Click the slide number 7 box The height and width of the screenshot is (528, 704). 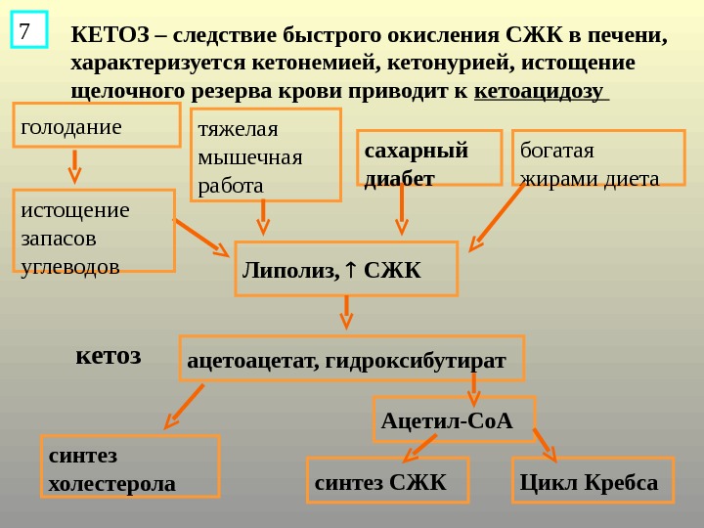coord(29,30)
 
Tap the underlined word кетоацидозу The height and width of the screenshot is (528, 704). coord(540,91)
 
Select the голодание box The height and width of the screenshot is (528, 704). coord(97,125)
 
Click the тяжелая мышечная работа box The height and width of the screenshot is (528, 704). coord(265,154)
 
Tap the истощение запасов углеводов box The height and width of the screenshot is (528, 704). coord(95,231)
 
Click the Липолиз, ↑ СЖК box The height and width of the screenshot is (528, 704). coord(346,269)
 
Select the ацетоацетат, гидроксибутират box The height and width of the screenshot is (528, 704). coord(352,358)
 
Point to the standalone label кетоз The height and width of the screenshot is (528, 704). coord(109,354)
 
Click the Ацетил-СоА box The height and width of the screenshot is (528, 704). coord(455,419)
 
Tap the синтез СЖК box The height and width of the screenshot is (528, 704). coord(388,480)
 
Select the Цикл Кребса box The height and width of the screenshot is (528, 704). coord(593,480)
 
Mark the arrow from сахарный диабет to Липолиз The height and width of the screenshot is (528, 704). coord(401,210)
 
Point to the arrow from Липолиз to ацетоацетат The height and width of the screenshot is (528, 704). coord(345,312)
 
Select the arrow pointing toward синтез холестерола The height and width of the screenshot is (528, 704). coord(185,406)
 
